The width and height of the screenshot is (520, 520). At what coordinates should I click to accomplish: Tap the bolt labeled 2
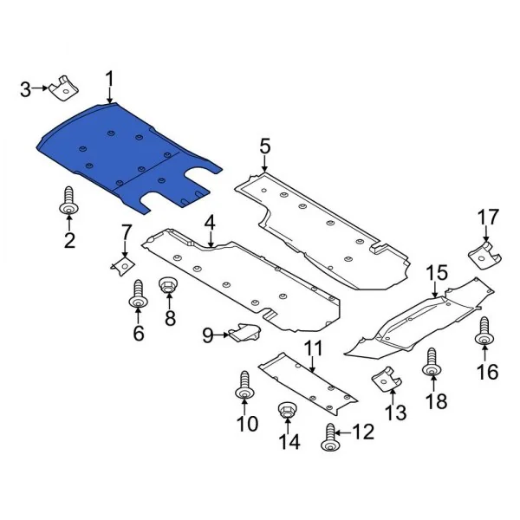(x=68, y=204)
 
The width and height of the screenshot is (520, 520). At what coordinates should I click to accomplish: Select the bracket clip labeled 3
(x=62, y=88)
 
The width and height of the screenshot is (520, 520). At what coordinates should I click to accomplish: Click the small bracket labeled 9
(x=244, y=332)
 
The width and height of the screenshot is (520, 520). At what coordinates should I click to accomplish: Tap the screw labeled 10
(x=244, y=390)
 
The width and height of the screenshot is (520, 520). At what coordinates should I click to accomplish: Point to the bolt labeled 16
(x=484, y=334)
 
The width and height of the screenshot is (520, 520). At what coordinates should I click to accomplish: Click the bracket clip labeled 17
(x=484, y=253)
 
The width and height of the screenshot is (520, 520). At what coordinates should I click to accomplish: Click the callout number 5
(x=264, y=146)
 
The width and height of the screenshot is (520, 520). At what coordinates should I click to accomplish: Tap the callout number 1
(x=110, y=80)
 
